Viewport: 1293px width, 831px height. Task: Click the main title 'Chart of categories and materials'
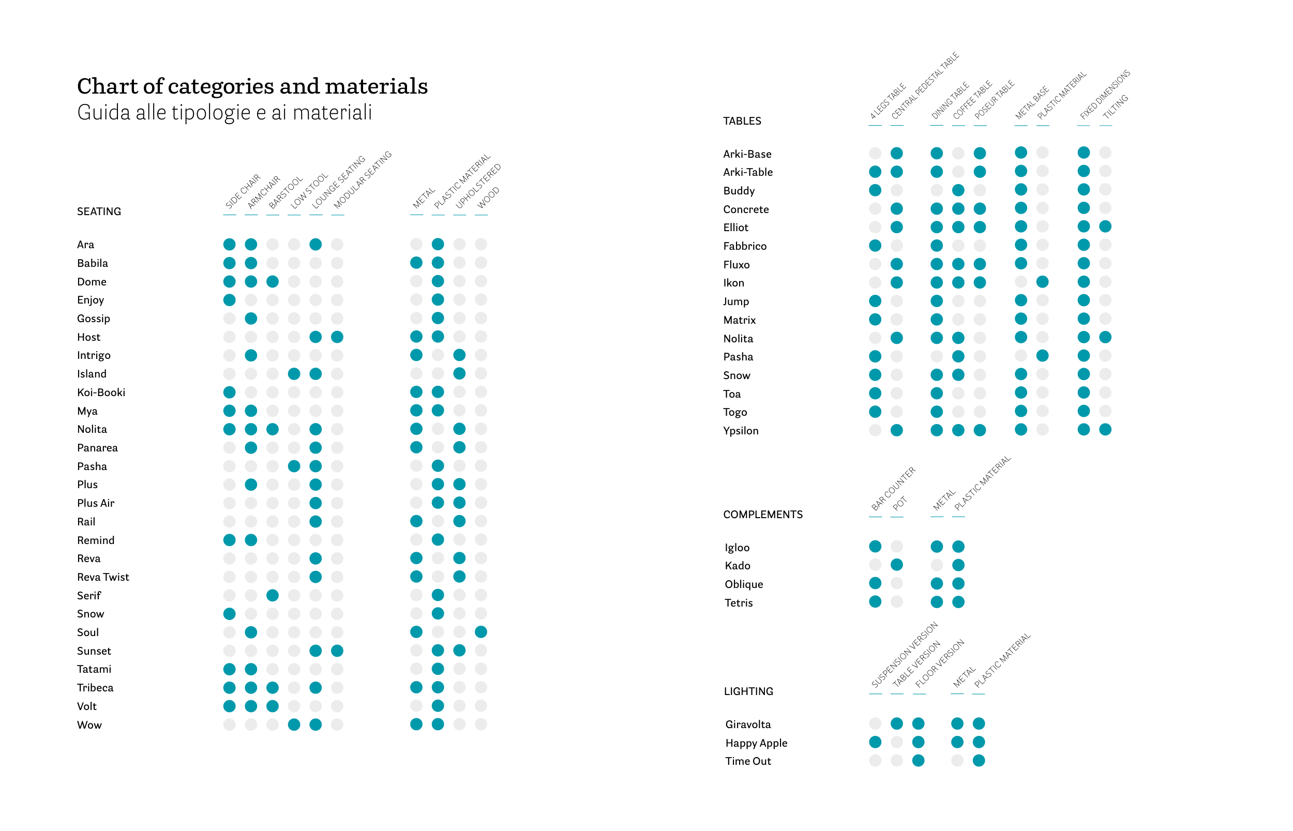click(x=252, y=86)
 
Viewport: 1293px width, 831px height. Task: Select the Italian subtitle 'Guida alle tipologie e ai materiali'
click(x=224, y=113)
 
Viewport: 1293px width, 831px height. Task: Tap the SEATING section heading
click(x=99, y=211)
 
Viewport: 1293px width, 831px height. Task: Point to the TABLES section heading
click(x=742, y=121)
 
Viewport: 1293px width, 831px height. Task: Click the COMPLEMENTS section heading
click(x=762, y=514)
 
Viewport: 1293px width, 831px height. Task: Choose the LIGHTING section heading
click(x=748, y=691)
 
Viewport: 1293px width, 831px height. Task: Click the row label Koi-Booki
click(x=101, y=392)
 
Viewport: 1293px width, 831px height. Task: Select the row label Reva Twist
click(x=103, y=577)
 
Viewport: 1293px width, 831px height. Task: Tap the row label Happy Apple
click(x=756, y=743)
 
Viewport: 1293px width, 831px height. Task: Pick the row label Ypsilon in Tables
click(x=741, y=431)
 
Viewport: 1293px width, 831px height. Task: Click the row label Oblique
click(x=744, y=584)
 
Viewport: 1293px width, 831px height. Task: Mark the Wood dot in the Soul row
click(x=481, y=632)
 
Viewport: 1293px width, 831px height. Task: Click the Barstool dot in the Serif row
click(x=273, y=595)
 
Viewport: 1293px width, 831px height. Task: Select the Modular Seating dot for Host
click(x=337, y=337)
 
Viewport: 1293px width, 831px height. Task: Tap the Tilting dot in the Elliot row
click(x=1105, y=226)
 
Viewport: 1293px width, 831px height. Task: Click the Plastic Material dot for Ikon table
click(x=1043, y=282)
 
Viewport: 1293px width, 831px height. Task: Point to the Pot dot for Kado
click(x=897, y=565)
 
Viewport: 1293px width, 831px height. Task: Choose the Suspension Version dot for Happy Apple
click(x=875, y=743)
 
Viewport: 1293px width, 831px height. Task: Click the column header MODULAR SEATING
click(x=362, y=180)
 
